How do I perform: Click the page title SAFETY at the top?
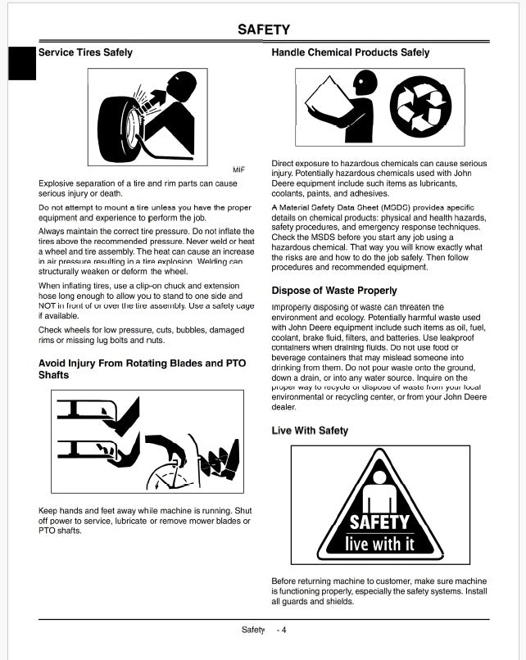pyautogui.click(x=263, y=29)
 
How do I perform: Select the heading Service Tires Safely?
pyautogui.click(x=85, y=52)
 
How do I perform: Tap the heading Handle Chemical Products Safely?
pyautogui.click(x=350, y=52)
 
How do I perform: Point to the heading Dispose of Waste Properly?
pyautogui.click(x=333, y=291)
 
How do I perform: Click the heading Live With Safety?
pyautogui.click(x=310, y=431)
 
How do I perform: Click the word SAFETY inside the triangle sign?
pyautogui.click(x=379, y=522)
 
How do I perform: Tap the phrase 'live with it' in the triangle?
pyautogui.click(x=379, y=543)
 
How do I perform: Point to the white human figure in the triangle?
pyautogui.click(x=379, y=491)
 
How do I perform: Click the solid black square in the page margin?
pyautogui.click(x=22, y=64)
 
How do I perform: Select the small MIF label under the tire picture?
pyautogui.click(x=238, y=170)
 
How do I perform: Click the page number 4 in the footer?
pyautogui.click(x=283, y=630)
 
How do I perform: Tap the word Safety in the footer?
pyautogui.click(x=253, y=630)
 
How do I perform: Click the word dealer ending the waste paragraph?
pyautogui.click(x=283, y=406)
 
